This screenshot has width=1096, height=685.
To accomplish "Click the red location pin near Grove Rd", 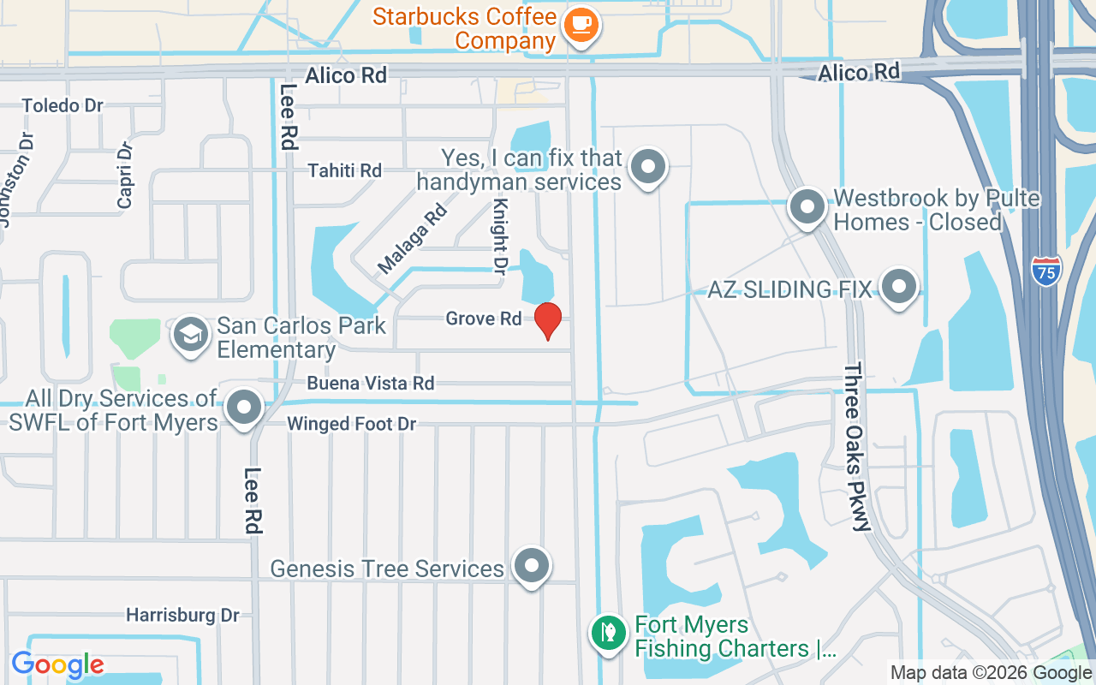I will coord(548,320).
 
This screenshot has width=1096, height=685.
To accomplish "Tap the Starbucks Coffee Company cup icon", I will coord(581,25).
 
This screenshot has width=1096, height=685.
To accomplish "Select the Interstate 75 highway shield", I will coord(1045,271).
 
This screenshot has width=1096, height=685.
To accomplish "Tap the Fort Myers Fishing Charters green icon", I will coord(607,634).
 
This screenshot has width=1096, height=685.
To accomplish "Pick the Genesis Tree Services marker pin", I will coord(532,565).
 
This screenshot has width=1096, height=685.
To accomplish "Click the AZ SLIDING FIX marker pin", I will coord(898,287).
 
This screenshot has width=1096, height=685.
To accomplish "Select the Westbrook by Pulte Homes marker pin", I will coord(807,207).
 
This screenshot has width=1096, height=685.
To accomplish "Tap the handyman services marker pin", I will coord(648,166).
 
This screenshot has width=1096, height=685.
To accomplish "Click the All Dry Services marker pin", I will coord(244,408).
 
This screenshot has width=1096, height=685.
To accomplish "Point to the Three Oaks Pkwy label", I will coord(857,445).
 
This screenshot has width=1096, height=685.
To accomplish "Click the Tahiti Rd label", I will coord(344,170).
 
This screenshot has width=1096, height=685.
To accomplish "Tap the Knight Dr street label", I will coord(500,236).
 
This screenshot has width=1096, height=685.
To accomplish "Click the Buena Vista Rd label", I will coord(371,383).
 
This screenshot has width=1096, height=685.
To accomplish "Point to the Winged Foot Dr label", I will coord(351,424).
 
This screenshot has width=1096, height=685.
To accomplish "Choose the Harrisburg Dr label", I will coord(183,615).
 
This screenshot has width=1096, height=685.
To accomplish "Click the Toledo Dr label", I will coord(63,105).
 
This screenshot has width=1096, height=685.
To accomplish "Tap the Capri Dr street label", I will coord(125,175).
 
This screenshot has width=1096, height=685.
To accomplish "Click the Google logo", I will coord(57,664).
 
